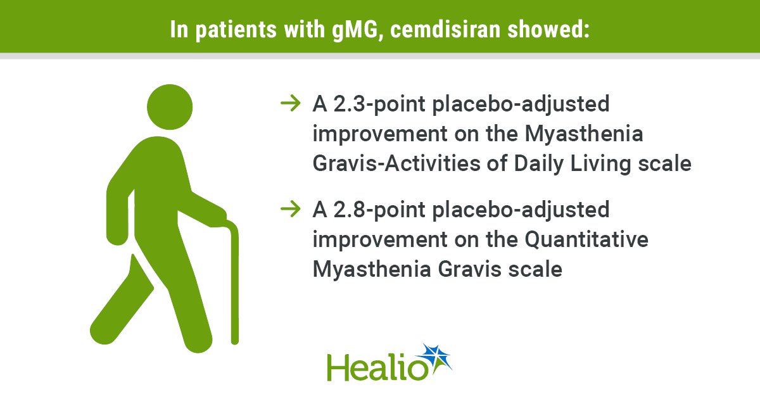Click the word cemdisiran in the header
tap(445, 29)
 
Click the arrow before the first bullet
tap(291, 103)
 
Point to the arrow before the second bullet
tap(291, 209)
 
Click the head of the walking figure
tap(170, 107)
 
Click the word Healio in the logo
tap(377, 367)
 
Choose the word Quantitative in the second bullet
tap(586, 239)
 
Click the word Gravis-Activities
tap(396, 163)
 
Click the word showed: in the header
tap(548, 29)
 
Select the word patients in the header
tap(236, 30)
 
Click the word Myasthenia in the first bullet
tap(584, 134)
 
